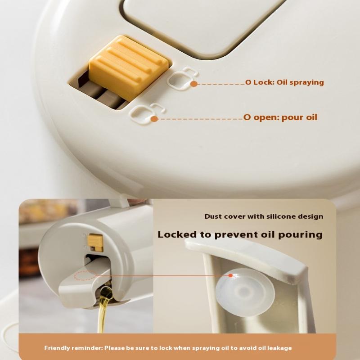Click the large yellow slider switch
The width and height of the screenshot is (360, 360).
point(129,68)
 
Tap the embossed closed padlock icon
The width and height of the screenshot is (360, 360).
point(183,78)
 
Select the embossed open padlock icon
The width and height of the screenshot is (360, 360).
point(147,113)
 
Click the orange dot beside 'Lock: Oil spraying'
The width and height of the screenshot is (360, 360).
point(194,84)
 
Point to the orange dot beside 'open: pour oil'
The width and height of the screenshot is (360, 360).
point(154,119)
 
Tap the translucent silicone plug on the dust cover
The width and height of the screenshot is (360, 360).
point(245,292)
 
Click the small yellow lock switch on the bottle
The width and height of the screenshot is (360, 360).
point(96,243)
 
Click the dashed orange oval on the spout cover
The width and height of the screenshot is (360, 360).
point(85,275)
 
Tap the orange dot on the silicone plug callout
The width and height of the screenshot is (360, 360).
point(231,275)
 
